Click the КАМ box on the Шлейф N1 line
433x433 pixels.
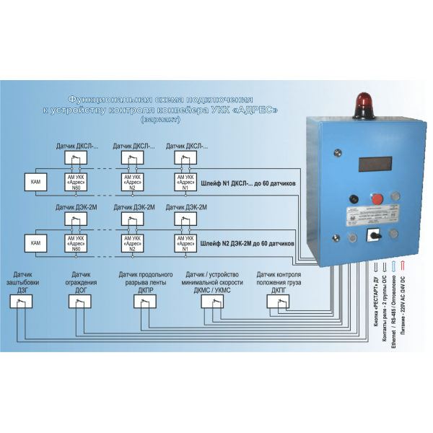(35, 183)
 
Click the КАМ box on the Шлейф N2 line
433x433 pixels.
(35, 243)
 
